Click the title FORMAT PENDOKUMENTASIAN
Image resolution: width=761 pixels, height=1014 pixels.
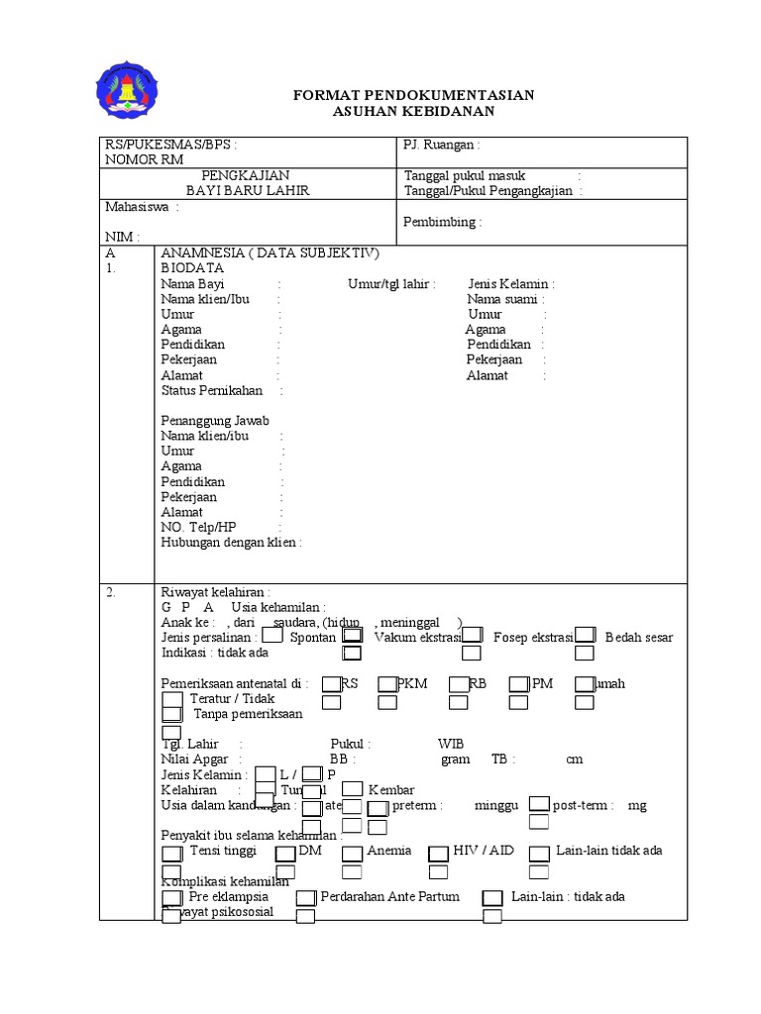click(x=413, y=95)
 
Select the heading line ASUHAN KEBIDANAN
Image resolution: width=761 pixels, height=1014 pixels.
click(x=413, y=112)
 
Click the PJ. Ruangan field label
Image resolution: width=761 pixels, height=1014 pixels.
click(x=441, y=145)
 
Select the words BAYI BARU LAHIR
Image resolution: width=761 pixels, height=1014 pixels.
click(x=248, y=191)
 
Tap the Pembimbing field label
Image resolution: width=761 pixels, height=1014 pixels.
click(x=442, y=223)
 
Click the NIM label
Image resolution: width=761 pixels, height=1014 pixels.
click(x=121, y=238)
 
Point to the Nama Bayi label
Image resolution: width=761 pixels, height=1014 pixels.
click(x=192, y=284)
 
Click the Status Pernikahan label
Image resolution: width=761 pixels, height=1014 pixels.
click(x=211, y=391)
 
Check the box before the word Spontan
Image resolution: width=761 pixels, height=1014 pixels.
click(x=272, y=636)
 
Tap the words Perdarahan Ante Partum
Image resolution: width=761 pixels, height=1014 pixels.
click(x=389, y=897)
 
